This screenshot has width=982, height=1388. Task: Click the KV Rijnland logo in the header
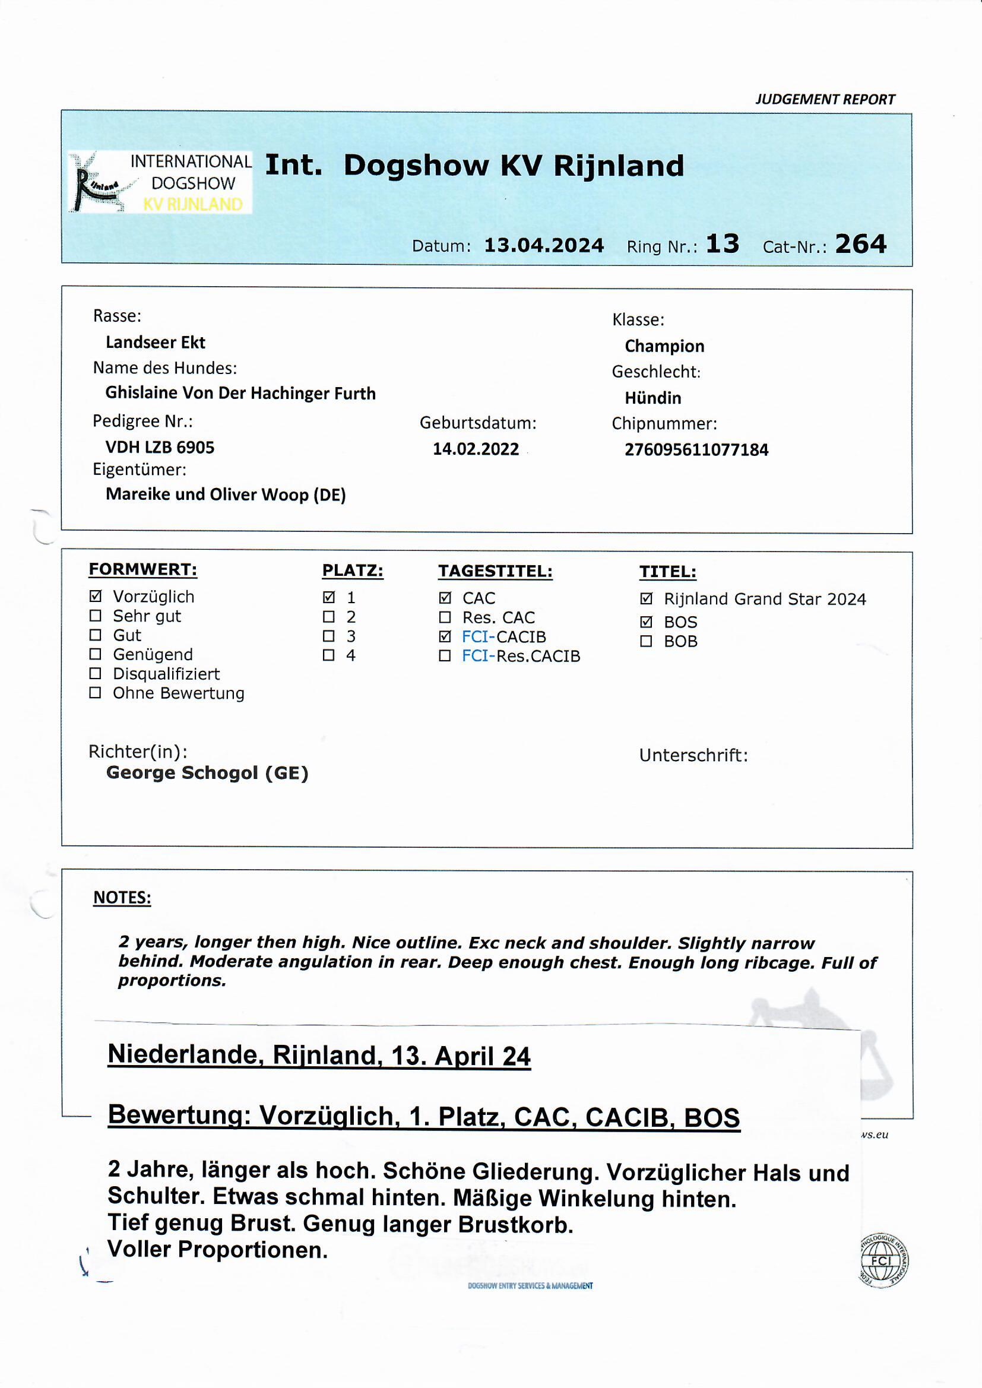(160, 182)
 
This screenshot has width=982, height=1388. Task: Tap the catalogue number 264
(860, 244)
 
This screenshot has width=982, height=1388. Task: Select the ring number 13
(722, 244)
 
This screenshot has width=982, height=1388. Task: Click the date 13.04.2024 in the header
(544, 245)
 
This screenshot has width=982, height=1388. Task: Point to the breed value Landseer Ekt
(156, 343)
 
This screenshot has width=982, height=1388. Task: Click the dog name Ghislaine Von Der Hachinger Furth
(240, 394)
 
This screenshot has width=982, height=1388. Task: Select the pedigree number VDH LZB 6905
(160, 448)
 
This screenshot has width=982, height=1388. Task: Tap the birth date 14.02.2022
(476, 449)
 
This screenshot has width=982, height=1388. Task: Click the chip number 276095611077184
(696, 450)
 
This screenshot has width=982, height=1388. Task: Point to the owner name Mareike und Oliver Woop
(225, 495)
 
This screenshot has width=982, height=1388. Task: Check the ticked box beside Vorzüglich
(95, 597)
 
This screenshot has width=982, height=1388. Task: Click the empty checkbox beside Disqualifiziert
(95, 673)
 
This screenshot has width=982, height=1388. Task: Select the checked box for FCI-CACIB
(445, 636)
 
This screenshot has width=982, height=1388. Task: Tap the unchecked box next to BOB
(646, 641)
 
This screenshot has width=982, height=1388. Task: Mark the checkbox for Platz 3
(328, 636)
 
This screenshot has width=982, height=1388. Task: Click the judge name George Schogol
(207, 773)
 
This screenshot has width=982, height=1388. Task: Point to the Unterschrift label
(693, 756)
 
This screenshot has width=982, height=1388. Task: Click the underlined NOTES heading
(122, 898)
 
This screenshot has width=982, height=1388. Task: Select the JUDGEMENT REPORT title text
(825, 100)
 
